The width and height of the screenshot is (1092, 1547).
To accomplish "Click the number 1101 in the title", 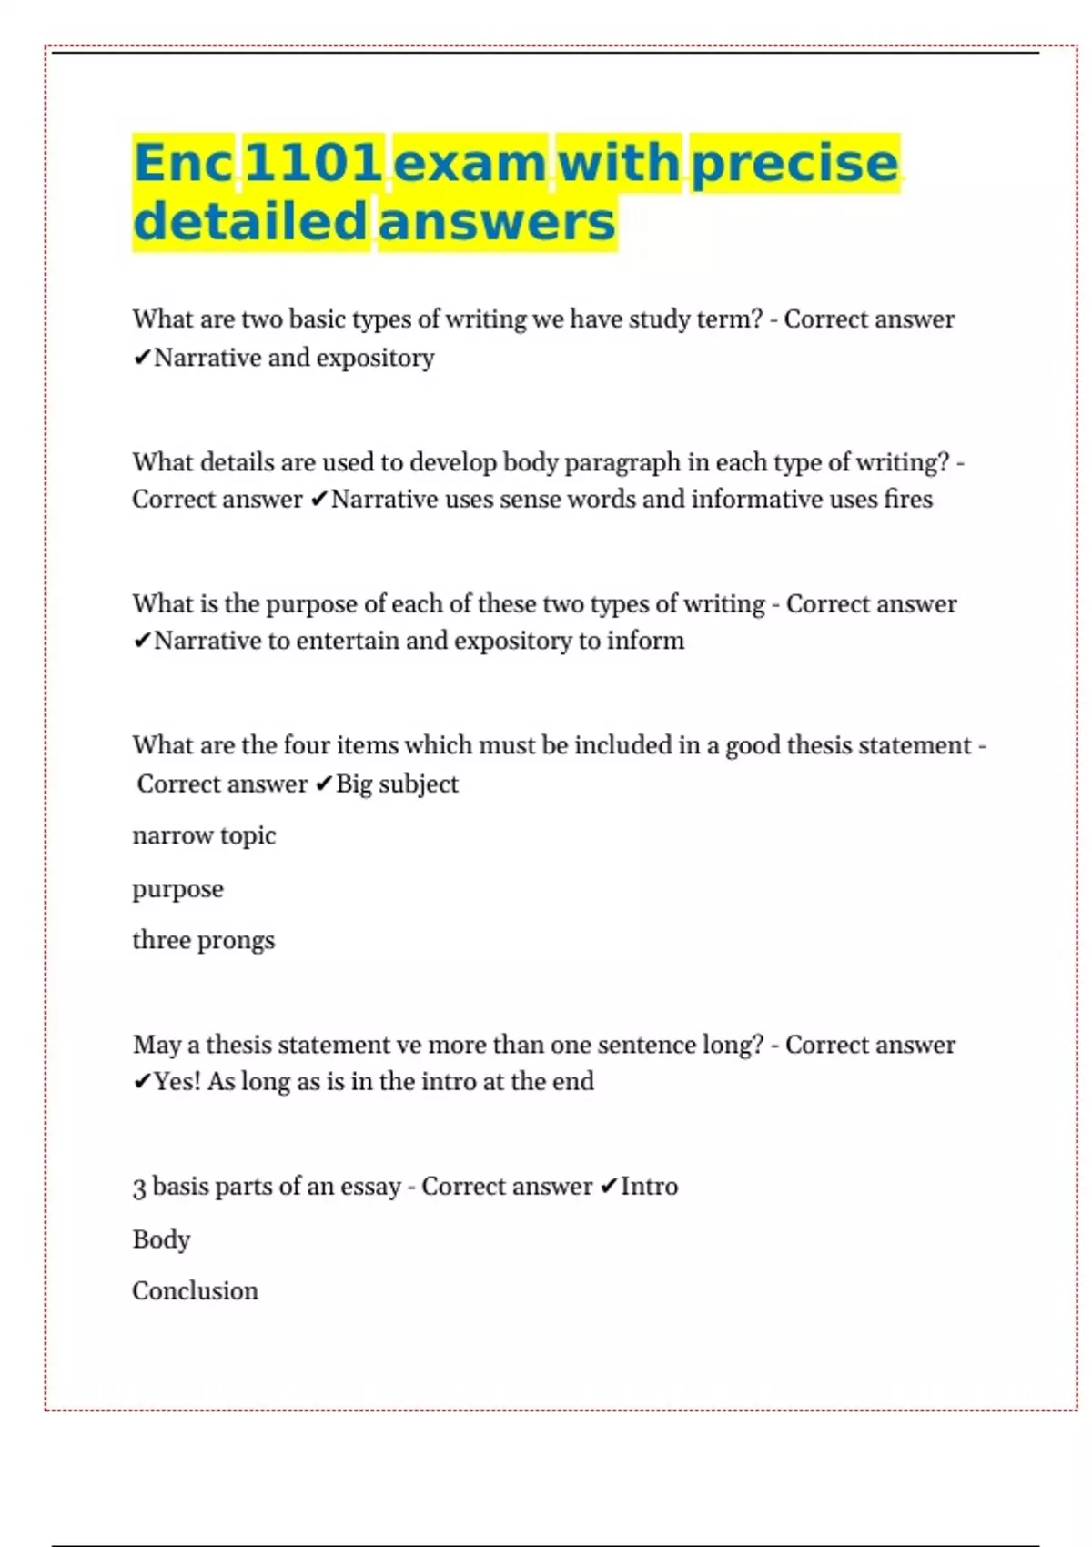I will click(313, 163).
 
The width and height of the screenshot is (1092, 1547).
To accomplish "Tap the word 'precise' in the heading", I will click(794, 163).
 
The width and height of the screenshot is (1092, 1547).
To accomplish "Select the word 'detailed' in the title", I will click(249, 221).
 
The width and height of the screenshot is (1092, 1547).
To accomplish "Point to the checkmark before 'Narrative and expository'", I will click(141, 358).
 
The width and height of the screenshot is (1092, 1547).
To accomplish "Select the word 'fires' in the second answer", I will click(908, 499).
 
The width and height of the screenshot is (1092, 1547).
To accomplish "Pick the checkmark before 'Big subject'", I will click(324, 784).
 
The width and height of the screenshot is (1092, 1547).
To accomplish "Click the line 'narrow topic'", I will click(204, 835).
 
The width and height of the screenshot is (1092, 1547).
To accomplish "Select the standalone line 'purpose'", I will click(177, 888).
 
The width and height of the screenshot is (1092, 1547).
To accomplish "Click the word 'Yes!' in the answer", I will click(177, 1081).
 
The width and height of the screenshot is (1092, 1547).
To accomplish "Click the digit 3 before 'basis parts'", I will click(139, 1188).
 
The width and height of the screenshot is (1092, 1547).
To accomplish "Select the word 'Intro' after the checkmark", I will click(649, 1187).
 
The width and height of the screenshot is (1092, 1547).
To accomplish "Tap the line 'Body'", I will click(161, 1239).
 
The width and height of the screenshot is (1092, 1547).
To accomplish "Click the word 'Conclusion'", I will click(195, 1290).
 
